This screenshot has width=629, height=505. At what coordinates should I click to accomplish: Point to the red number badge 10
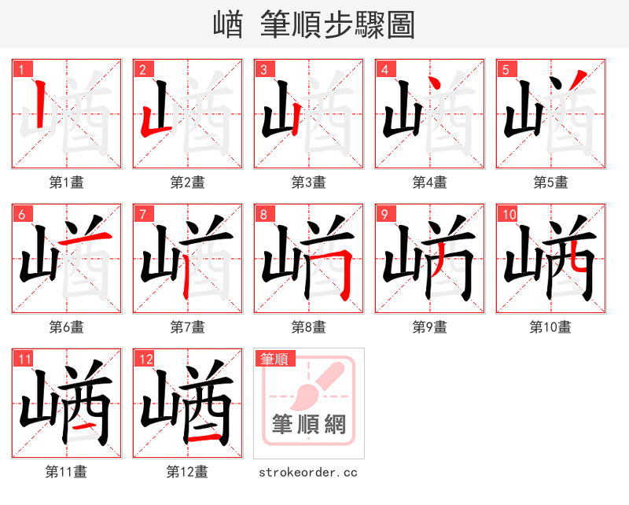click(x=508, y=214)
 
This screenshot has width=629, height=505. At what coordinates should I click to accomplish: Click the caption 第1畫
click(x=67, y=182)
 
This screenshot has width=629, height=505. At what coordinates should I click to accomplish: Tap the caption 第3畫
click(x=309, y=182)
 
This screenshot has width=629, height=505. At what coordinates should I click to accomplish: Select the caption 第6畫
click(x=67, y=326)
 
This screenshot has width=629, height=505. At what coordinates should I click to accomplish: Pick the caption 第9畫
click(x=430, y=326)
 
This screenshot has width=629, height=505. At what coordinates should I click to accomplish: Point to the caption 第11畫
click(x=67, y=472)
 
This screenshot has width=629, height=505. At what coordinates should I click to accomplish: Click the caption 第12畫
click(x=188, y=472)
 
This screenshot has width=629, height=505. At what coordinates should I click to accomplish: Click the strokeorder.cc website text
click(x=309, y=472)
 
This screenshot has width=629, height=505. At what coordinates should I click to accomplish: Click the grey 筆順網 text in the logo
click(x=309, y=425)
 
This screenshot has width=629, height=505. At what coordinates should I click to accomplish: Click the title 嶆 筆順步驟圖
click(x=314, y=25)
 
